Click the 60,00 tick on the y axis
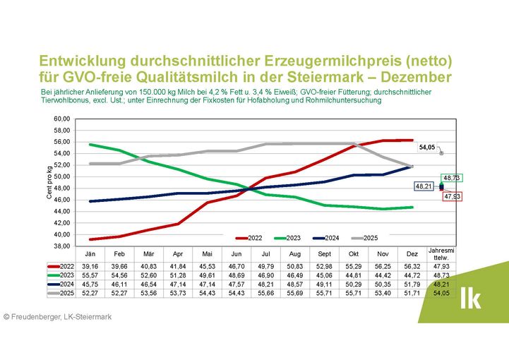point(63,119)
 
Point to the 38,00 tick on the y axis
point(63,246)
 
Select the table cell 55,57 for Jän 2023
point(90,274)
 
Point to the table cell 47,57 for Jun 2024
point(237,282)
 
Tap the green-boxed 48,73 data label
point(452,179)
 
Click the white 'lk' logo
point(470,299)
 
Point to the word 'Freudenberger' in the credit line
point(36,317)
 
